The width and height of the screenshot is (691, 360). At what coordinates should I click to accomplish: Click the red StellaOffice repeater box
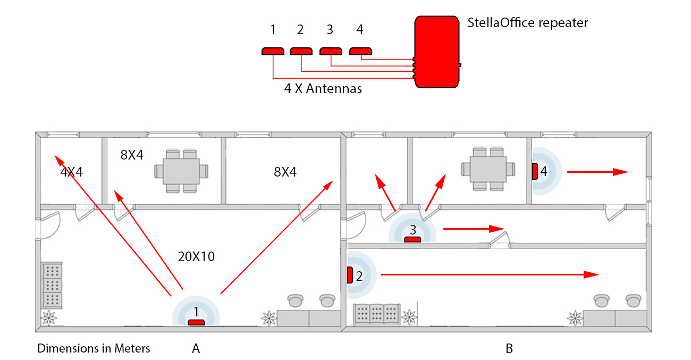[437, 52]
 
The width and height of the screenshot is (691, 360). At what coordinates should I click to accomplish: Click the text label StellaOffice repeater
[527, 23]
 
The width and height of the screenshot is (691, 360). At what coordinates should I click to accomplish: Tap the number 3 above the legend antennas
[330, 30]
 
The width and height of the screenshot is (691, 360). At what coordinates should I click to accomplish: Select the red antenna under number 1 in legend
[273, 51]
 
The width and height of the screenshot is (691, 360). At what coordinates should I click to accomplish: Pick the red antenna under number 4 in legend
[360, 51]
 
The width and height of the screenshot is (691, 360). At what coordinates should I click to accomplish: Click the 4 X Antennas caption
[323, 89]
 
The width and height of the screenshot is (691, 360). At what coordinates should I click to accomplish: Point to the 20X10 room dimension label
[196, 256]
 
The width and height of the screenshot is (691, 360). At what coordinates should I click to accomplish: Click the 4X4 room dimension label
[71, 173]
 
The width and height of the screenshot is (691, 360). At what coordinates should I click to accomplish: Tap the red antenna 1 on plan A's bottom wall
[196, 322]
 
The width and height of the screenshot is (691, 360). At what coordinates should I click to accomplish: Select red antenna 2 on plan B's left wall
[350, 275]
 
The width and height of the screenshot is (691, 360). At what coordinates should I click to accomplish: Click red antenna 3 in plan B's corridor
[413, 239]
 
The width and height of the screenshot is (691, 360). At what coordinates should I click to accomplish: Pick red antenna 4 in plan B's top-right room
[535, 171]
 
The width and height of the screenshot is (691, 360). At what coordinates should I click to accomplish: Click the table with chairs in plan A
[181, 171]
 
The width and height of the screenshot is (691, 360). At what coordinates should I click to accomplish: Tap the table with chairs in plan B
[488, 169]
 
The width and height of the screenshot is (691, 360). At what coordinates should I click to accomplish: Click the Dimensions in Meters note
[94, 349]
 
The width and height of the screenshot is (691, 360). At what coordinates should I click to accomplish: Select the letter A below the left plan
[196, 349]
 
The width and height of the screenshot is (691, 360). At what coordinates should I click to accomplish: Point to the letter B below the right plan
[509, 349]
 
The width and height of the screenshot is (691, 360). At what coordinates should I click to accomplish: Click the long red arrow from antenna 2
[489, 274]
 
